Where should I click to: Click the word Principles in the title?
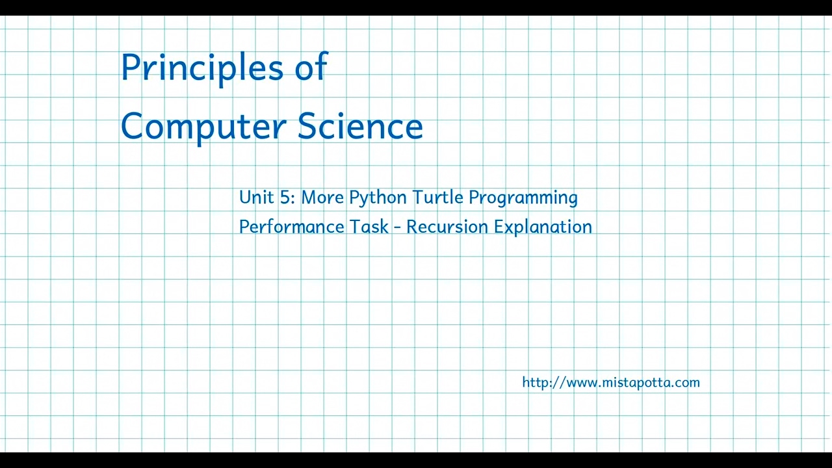(202, 68)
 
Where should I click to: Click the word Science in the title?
(360, 125)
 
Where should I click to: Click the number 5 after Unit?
(287, 197)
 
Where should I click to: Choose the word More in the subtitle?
(322, 197)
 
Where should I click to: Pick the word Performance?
(291, 227)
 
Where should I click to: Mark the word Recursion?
(447, 227)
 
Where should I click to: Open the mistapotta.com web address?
(611, 382)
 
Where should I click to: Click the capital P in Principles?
(131, 67)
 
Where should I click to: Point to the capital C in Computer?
(133, 125)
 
